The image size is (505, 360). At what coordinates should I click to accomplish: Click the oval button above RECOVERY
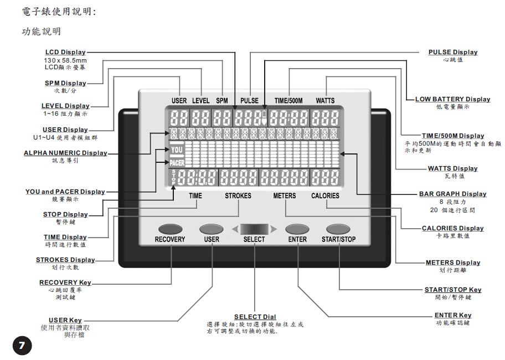169,229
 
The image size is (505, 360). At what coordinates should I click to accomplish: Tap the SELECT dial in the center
254,228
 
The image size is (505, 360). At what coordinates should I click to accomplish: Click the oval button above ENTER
296,229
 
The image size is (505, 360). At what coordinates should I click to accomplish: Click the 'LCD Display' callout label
65,53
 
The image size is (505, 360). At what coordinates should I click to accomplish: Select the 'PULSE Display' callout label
452,52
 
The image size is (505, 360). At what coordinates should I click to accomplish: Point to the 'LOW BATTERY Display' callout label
453,99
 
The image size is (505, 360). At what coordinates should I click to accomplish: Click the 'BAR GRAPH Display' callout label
452,194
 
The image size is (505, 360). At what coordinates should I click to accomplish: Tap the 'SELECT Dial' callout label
255,317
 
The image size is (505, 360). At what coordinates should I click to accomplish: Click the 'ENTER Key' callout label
453,315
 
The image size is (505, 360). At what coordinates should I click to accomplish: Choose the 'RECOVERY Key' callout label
65,282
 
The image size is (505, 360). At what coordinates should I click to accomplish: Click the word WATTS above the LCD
325,101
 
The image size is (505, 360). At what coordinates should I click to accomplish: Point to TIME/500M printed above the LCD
288,101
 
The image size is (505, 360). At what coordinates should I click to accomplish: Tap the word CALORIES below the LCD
325,196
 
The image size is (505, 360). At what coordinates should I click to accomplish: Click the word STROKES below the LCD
238,196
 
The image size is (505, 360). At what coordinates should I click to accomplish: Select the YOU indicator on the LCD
177,150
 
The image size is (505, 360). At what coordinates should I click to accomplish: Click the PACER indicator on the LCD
177,162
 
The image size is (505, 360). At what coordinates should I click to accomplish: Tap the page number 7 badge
22,346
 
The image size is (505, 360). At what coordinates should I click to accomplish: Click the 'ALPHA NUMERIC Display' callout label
65,153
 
